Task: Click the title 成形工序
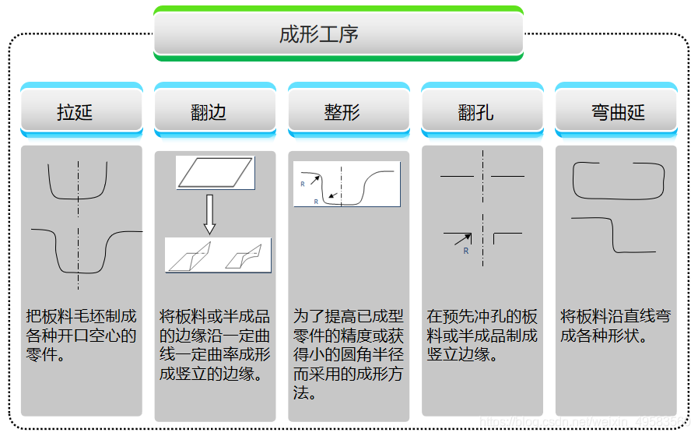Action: coord(338,34)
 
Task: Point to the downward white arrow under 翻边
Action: coord(209,213)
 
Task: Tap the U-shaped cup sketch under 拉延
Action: coord(77,184)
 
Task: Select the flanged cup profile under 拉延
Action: coord(82,249)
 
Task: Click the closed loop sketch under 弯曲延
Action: coord(619,181)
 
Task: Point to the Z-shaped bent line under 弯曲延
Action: coord(618,235)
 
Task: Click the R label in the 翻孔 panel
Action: coord(465,251)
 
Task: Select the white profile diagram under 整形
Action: coord(347,184)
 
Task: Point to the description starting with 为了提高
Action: coord(349,354)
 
